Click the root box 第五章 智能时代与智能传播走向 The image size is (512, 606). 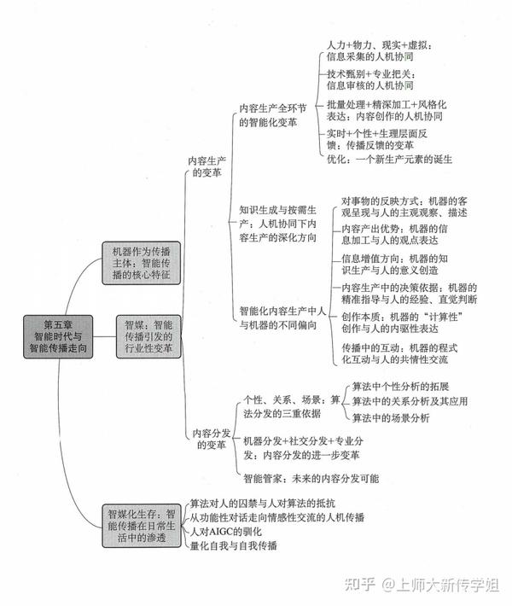[x=58, y=336]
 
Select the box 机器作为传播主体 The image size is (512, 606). [x=142, y=263]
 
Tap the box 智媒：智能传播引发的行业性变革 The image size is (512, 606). [x=148, y=336]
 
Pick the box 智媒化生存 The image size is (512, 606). [x=142, y=526]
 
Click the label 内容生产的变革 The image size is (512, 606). [x=207, y=166]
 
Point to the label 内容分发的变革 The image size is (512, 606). [x=212, y=439]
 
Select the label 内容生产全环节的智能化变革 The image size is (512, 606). [x=273, y=115]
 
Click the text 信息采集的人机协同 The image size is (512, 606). [x=369, y=57]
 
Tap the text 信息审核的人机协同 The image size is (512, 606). [x=369, y=85]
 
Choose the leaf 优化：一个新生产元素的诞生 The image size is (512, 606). [x=389, y=160]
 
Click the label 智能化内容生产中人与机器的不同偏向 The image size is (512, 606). [x=282, y=318]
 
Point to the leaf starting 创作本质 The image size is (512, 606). [x=402, y=323]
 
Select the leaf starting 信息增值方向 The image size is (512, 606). [x=394, y=265]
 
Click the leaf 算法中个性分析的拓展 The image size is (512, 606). [x=400, y=387]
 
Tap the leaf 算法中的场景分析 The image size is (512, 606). [x=391, y=417]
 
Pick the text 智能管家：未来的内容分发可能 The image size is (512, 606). [x=311, y=479]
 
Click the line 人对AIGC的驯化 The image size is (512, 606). [x=225, y=532]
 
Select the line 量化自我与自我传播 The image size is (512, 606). [x=234, y=545]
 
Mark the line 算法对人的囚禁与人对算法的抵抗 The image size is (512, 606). [x=262, y=504]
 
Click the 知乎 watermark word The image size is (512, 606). [x=360, y=585]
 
